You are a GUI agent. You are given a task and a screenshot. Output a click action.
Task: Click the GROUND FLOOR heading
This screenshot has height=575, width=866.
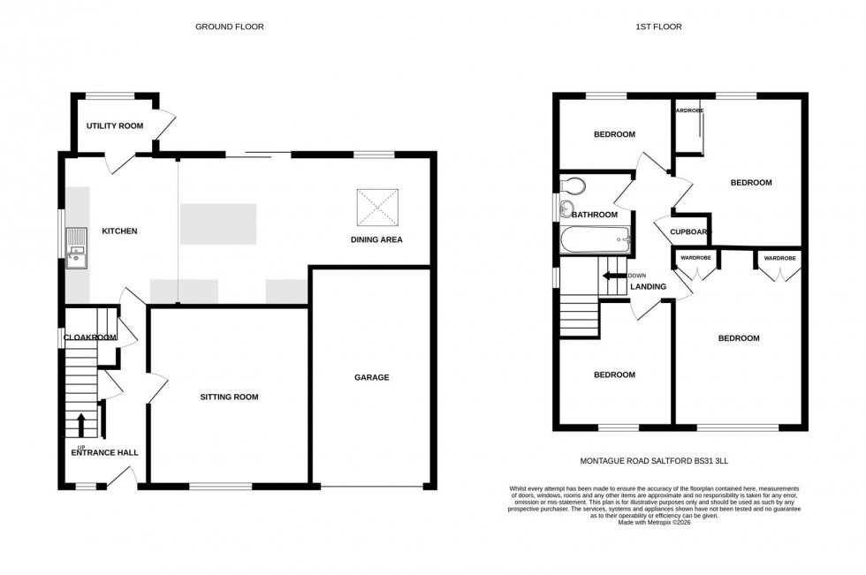(x=229, y=26)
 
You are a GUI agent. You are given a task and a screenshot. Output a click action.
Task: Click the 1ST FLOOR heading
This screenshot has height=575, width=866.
(x=658, y=26)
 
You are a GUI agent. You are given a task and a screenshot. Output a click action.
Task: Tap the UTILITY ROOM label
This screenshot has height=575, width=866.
(x=114, y=126)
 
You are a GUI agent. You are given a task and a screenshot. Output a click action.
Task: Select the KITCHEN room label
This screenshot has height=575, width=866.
(x=119, y=231)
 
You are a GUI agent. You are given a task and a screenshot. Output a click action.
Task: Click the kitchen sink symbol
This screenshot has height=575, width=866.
(x=77, y=246)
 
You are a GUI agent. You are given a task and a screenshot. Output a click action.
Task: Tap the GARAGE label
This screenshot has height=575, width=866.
(x=372, y=377)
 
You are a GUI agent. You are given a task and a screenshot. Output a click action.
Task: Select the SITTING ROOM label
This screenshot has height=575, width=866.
(x=228, y=397)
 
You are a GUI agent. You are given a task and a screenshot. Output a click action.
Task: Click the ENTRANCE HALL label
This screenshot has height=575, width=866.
(x=104, y=453)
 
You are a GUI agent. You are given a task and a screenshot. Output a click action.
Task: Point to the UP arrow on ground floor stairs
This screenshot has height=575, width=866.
(x=81, y=426)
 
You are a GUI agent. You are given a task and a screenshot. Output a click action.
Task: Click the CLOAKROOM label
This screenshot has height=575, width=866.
(x=89, y=337)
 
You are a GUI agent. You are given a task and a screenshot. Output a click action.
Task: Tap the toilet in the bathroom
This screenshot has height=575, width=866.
(x=574, y=186)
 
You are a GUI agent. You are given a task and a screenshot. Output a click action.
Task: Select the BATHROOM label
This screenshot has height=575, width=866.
(x=594, y=215)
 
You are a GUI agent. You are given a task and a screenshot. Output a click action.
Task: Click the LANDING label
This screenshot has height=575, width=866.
(x=647, y=286)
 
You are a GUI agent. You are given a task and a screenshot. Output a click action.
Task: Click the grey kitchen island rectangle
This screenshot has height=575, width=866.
(x=218, y=223)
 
